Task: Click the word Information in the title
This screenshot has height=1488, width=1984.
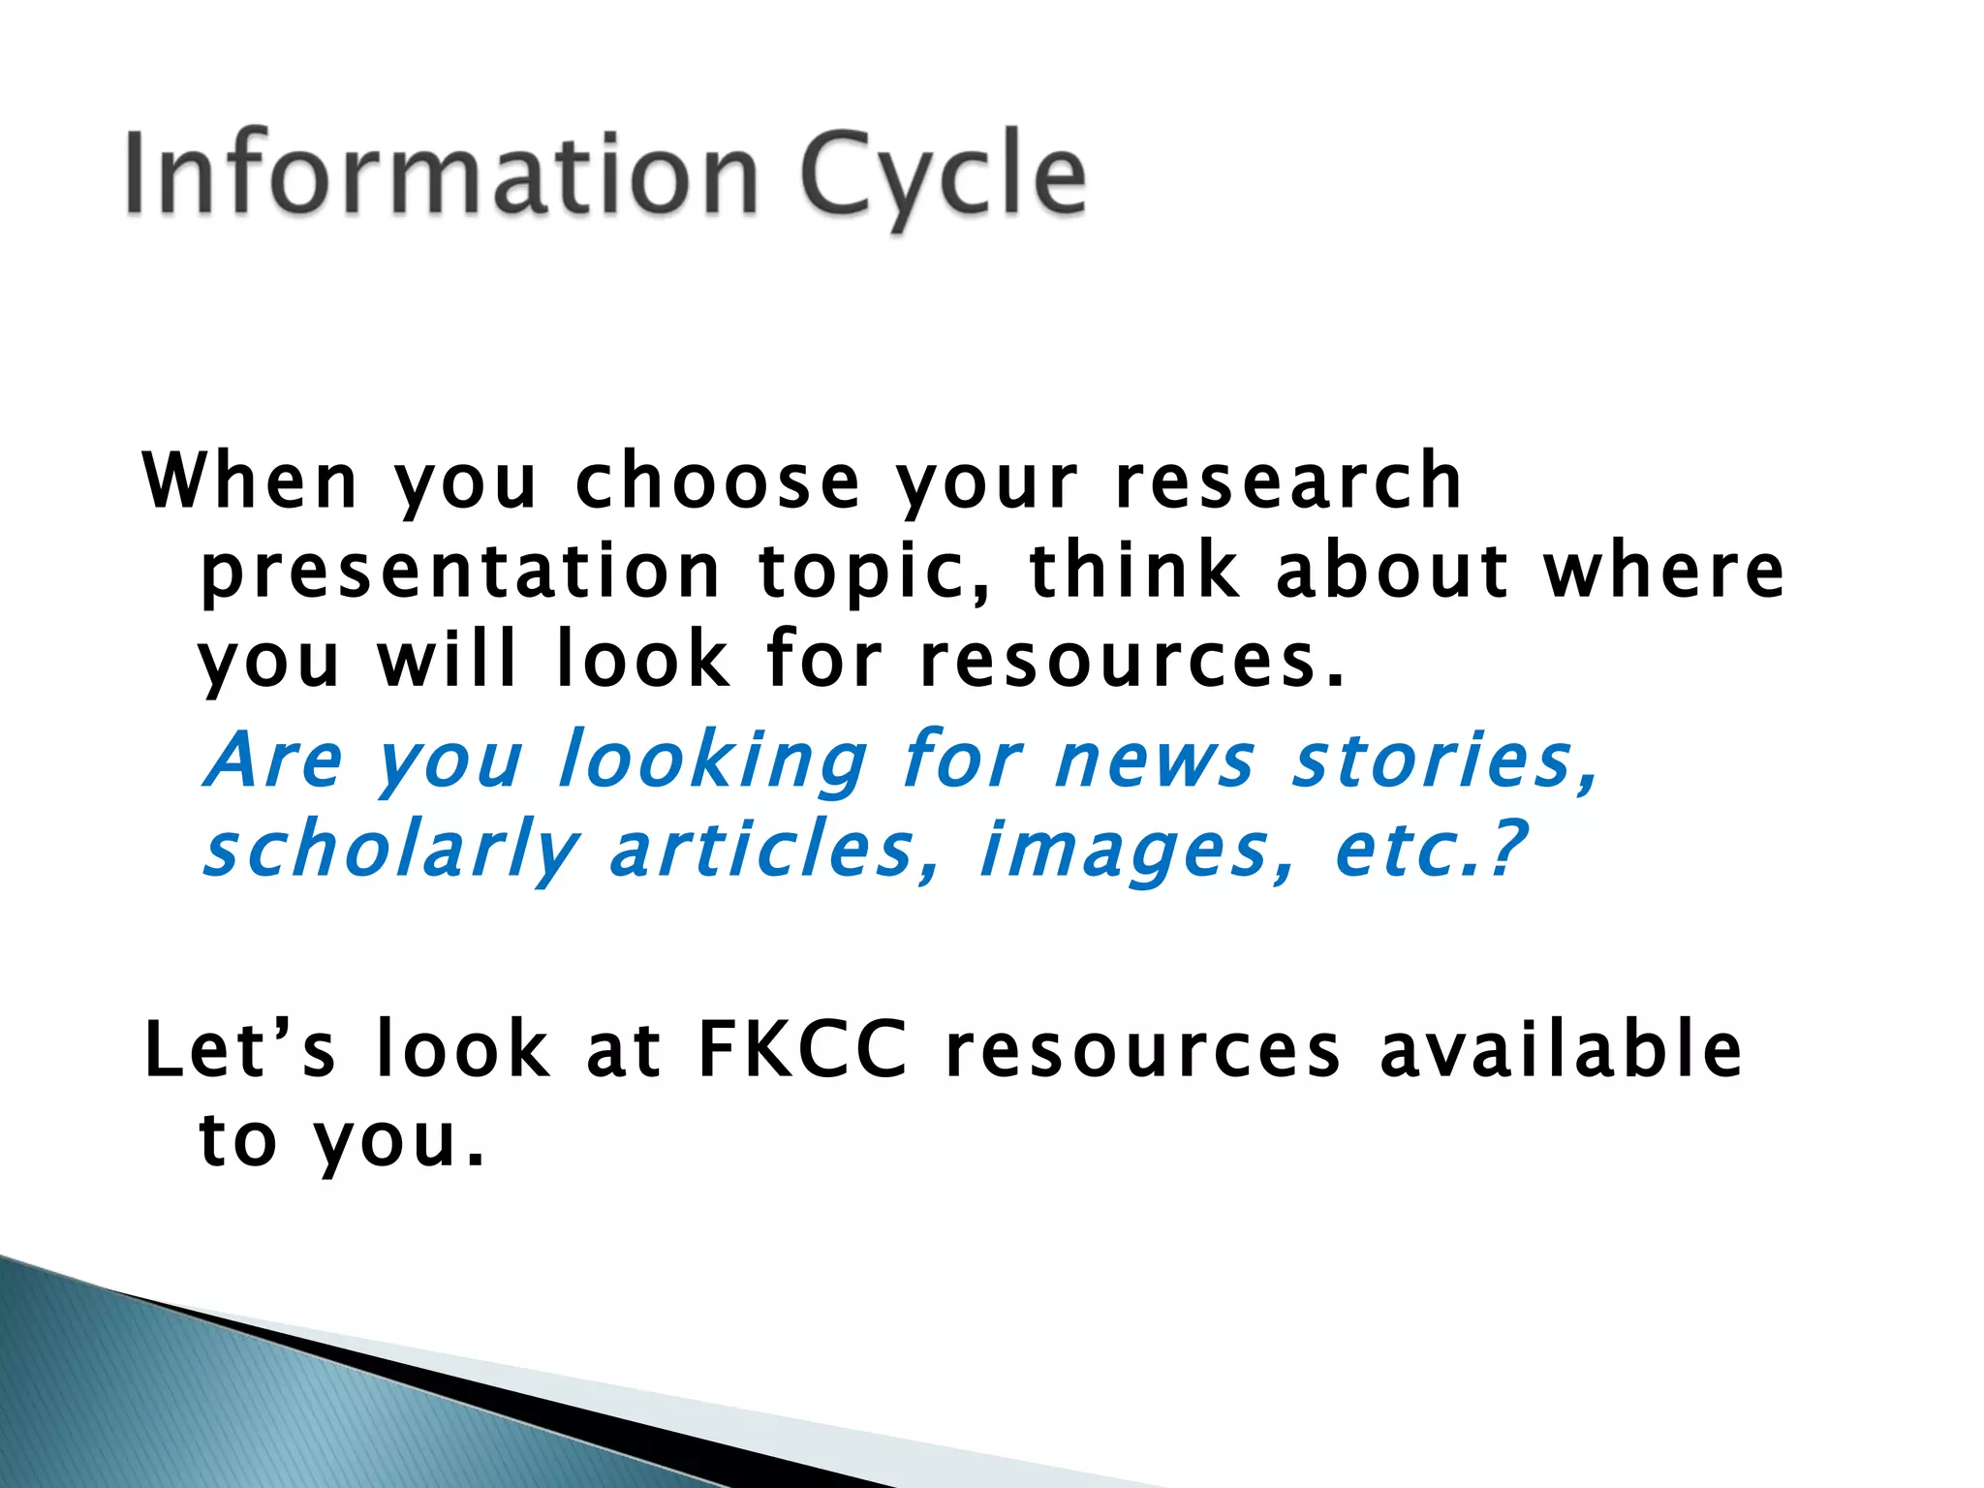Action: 441,174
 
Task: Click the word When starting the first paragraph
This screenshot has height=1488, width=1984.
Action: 250,481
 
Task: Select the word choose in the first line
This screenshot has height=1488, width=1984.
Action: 717,481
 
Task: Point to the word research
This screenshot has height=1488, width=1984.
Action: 1287,481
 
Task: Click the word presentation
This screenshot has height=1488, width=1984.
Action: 460,572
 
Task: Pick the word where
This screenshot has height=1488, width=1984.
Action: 1663,572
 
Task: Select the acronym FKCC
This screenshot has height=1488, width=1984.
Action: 802,1049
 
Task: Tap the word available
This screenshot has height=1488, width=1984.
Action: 1560,1049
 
